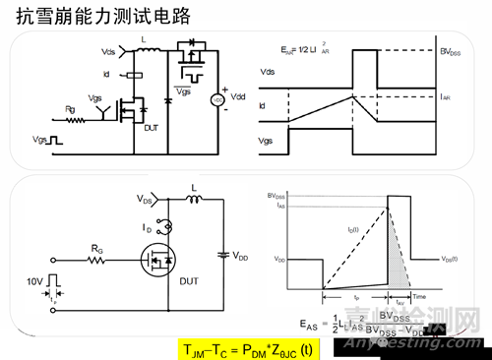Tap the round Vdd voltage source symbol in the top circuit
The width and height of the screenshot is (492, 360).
coord(216,100)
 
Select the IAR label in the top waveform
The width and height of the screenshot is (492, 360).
coord(448,97)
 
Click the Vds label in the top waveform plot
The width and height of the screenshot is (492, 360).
coord(267,72)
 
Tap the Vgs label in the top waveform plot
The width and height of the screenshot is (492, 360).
coord(267,142)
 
